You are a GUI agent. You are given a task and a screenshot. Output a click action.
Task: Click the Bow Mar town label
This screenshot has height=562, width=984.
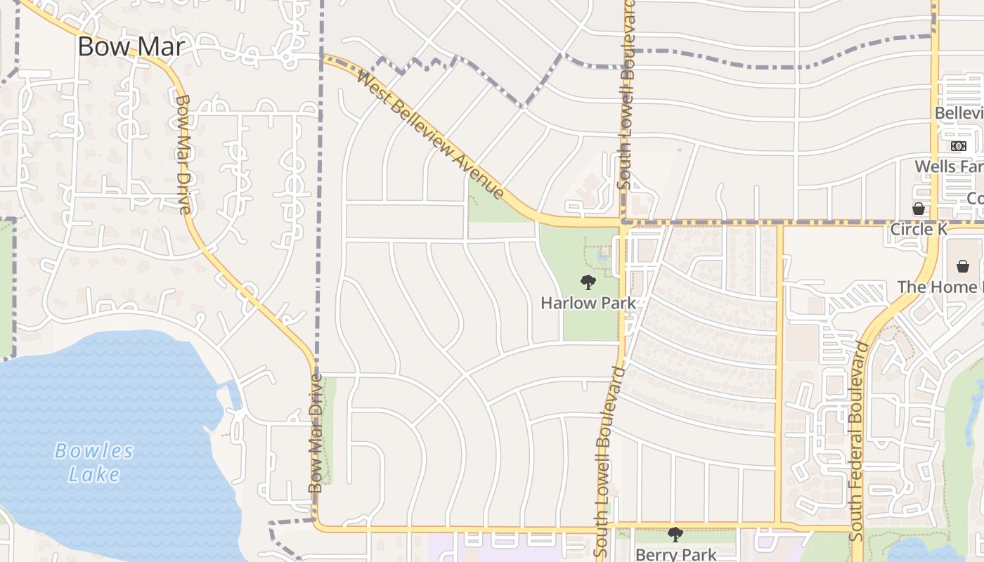[x=131, y=46]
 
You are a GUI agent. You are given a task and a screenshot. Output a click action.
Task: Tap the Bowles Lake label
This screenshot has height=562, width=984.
[x=94, y=462]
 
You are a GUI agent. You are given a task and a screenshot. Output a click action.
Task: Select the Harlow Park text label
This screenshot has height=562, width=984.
[x=588, y=303]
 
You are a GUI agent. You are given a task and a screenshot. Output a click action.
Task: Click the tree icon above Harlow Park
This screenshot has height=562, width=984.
[x=588, y=282]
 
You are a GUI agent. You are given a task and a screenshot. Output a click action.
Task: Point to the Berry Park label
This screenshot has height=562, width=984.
[x=675, y=554]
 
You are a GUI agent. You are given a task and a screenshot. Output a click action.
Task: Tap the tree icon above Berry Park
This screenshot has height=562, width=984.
[x=675, y=535]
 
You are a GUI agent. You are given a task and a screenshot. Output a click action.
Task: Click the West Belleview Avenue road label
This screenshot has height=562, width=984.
[x=431, y=133]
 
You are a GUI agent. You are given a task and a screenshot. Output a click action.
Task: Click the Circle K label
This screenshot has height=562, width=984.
[x=919, y=229]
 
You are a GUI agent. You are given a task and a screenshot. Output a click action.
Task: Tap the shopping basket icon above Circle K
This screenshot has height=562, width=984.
[x=918, y=209]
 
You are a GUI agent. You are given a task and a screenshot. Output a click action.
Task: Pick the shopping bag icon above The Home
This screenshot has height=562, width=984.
[x=963, y=266]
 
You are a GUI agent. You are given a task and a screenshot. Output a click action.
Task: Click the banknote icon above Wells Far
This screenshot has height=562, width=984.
[x=959, y=146]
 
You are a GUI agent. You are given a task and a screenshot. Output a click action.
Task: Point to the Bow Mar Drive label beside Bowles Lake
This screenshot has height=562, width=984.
[x=316, y=433]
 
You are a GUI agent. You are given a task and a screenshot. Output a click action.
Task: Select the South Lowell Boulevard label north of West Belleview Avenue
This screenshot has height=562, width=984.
[x=626, y=93]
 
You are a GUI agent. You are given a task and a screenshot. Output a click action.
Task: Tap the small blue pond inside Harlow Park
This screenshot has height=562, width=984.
[x=602, y=256]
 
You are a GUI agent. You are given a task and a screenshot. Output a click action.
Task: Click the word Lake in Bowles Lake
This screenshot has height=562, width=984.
[x=94, y=474]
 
